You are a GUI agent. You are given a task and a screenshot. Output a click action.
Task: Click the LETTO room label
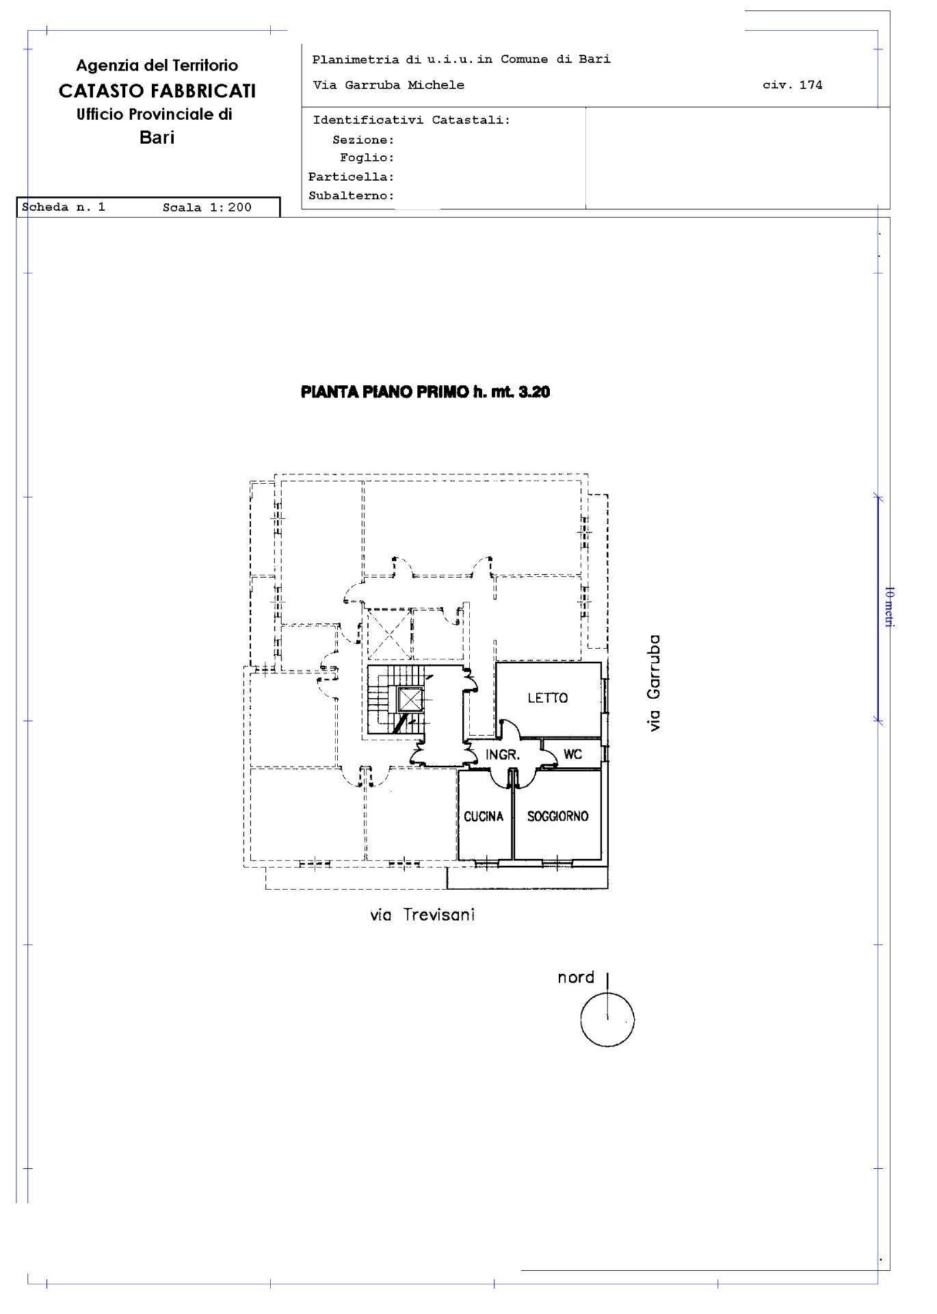[548, 698]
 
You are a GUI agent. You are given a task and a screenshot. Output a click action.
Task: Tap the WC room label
[573, 754]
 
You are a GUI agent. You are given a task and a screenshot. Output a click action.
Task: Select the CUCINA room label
[484, 816]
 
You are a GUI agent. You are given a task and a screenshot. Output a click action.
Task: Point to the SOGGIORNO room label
[558, 816]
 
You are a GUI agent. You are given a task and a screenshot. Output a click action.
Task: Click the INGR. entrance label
[503, 756]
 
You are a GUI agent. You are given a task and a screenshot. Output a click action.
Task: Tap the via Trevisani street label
[422, 915]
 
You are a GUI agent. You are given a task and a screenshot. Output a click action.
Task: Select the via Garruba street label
[655, 683]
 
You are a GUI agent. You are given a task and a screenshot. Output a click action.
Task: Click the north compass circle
[607, 1020]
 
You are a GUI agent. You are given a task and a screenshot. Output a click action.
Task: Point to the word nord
[576, 977]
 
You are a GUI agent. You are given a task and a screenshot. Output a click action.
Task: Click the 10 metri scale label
[889, 606]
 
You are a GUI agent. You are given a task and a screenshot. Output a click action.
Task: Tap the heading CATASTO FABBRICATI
[157, 90]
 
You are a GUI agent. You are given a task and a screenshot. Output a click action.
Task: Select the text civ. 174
[793, 85]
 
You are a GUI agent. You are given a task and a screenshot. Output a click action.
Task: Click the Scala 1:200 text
[207, 207]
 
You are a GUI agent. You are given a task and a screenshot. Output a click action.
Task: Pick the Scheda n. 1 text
[64, 207]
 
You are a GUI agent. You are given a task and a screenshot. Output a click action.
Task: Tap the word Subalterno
[351, 196]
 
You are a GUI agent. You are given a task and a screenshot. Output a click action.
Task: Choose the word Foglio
[367, 158]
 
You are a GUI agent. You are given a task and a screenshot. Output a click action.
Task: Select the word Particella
[351, 177]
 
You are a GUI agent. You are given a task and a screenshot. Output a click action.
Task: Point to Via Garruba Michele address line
[388, 85]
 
